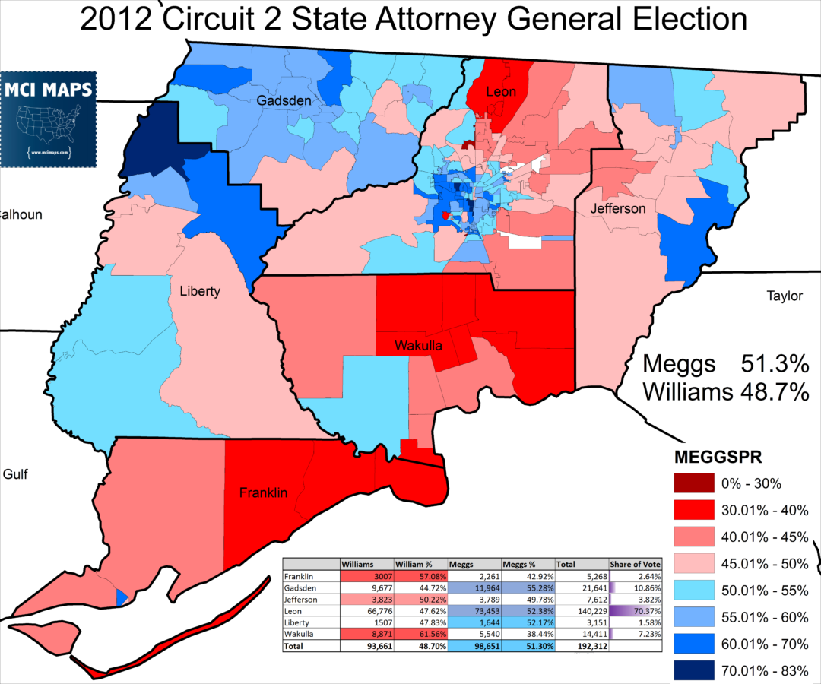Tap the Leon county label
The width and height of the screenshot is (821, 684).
[x=501, y=92]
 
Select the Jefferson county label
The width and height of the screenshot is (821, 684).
[x=617, y=208]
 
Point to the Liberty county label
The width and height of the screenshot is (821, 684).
[x=200, y=291]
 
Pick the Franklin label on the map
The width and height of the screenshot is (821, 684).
[x=262, y=492]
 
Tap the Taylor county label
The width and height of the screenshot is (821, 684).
[x=784, y=296]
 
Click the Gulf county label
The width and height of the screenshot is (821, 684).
[x=15, y=475]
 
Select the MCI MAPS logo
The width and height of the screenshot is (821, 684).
[x=49, y=119]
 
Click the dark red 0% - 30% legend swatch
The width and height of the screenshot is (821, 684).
[x=693, y=483]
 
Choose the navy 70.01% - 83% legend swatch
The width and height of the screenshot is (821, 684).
[x=693, y=670]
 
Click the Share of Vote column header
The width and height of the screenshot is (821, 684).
[x=635, y=565]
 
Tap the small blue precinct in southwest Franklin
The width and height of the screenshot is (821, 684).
[x=121, y=597]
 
